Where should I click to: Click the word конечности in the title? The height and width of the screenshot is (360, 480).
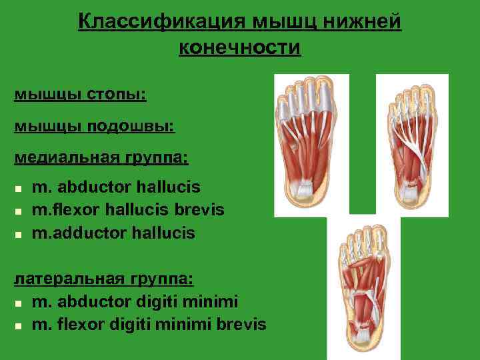tap(240, 48)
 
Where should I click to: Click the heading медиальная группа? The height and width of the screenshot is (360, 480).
tap(101, 157)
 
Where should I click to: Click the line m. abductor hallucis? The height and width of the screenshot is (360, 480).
tap(115, 187)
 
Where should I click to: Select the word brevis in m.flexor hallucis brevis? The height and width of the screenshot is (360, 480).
tap(199, 209)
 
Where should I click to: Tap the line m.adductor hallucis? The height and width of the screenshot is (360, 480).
tap(113, 233)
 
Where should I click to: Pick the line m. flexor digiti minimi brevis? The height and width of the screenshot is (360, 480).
tap(149, 325)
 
